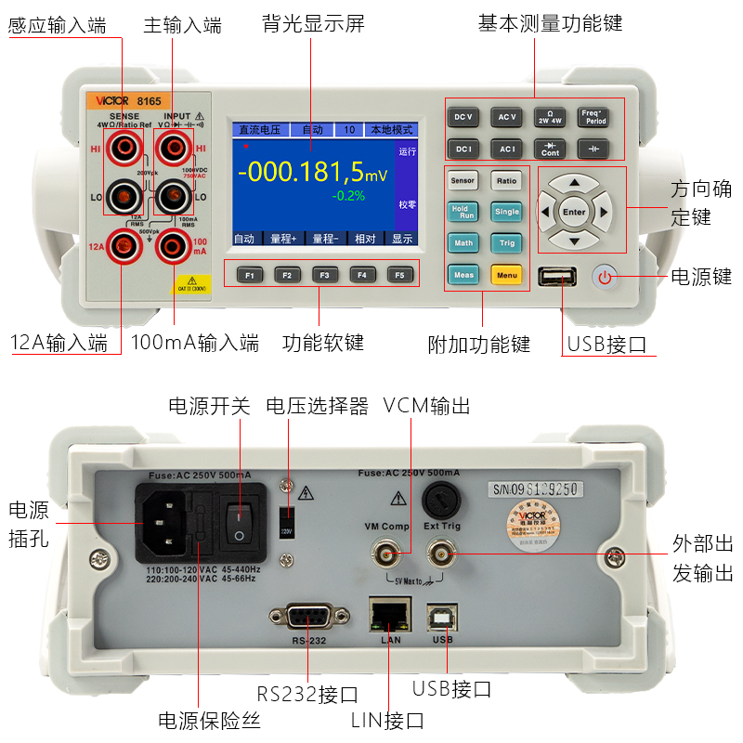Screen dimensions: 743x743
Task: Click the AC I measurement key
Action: coord(507,149)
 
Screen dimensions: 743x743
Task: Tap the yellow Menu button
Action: coord(507,275)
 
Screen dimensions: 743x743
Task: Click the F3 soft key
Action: coord(324,275)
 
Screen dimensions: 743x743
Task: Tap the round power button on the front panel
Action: coord(605,277)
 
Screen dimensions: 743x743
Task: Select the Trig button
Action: coord(507,243)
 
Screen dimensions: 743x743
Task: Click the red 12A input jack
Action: coord(122,246)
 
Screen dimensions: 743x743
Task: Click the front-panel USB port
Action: coord(557,277)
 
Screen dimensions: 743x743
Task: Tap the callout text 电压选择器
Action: coord(317,407)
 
